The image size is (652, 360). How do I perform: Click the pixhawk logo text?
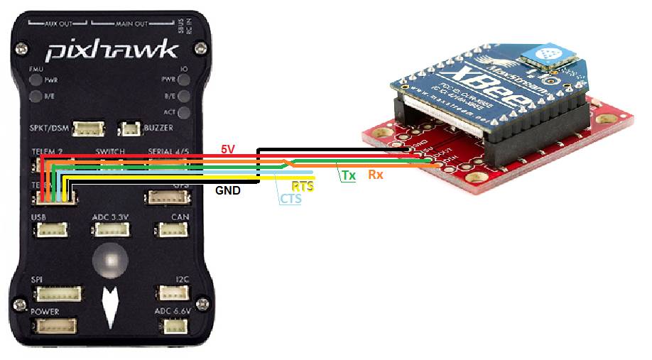click(112, 50)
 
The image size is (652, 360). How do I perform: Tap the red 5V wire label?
click(227, 149)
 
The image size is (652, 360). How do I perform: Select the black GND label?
click(228, 190)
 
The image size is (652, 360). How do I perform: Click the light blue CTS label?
click(290, 199)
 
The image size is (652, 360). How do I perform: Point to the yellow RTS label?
click(303, 186)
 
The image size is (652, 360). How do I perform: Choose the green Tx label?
click(348, 175)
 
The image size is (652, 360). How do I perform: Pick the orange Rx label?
click(375, 175)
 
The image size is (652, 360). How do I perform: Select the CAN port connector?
click(171, 230)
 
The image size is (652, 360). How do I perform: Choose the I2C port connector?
click(171, 293)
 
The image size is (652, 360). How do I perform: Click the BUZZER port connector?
click(129, 129)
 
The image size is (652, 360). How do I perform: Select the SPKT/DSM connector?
click(88, 129)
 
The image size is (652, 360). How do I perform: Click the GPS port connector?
click(162, 197)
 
